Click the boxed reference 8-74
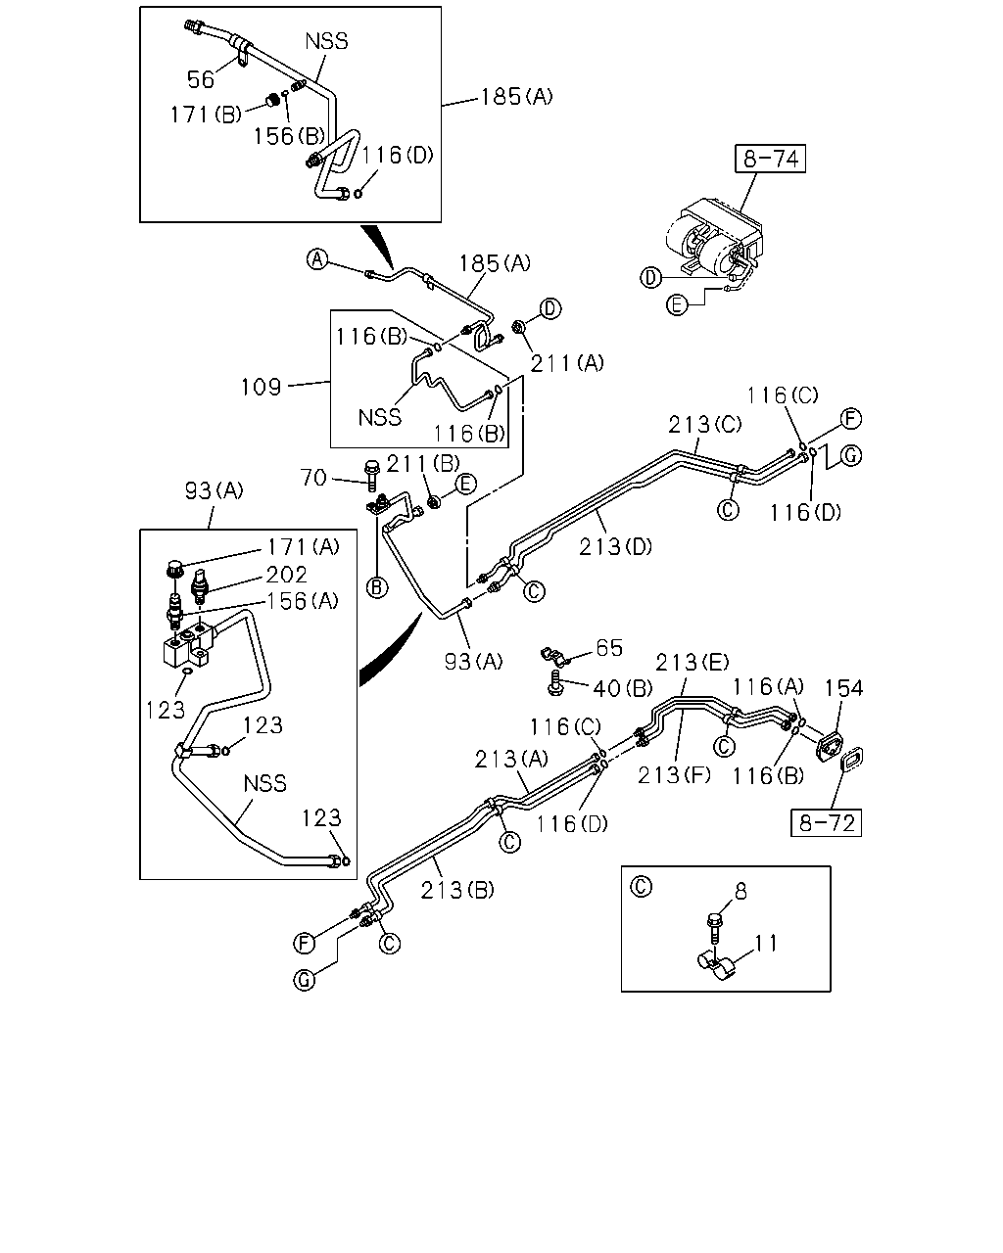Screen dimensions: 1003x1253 tap(770, 159)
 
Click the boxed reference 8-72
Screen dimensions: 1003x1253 tap(826, 822)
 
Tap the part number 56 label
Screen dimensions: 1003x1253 tap(201, 79)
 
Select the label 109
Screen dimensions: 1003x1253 tap(262, 387)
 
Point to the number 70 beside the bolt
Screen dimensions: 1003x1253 tap(313, 478)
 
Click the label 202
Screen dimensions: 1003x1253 tap(286, 575)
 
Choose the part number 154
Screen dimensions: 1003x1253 tap(842, 688)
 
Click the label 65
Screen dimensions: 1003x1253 tap(609, 647)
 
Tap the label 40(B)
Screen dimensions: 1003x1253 tap(622, 689)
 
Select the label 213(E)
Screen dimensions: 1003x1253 tap(692, 662)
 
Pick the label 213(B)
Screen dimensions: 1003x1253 tap(456, 890)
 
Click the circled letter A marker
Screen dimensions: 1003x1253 tap(317, 259)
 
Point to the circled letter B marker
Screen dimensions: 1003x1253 tap(376, 587)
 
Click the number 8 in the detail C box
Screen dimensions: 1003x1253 tap(740, 891)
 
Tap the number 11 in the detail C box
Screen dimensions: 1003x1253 tap(766, 944)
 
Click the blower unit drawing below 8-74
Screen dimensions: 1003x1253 tap(714, 238)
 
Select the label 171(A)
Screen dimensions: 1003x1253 tap(303, 547)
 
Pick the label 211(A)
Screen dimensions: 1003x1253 tap(566, 363)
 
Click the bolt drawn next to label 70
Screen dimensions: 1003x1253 tap(371, 476)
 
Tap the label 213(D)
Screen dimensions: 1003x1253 tap(615, 547)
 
